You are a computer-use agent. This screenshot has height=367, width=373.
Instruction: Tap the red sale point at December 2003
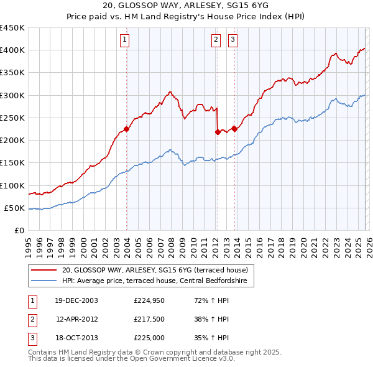click(126, 129)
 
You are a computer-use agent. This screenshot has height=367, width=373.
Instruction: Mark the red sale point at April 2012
click(218, 132)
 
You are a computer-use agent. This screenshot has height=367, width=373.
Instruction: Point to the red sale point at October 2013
click(234, 129)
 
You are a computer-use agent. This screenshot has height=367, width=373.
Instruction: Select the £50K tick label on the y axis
click(15, 208)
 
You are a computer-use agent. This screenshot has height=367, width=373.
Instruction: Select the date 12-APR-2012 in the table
click(77, 319)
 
